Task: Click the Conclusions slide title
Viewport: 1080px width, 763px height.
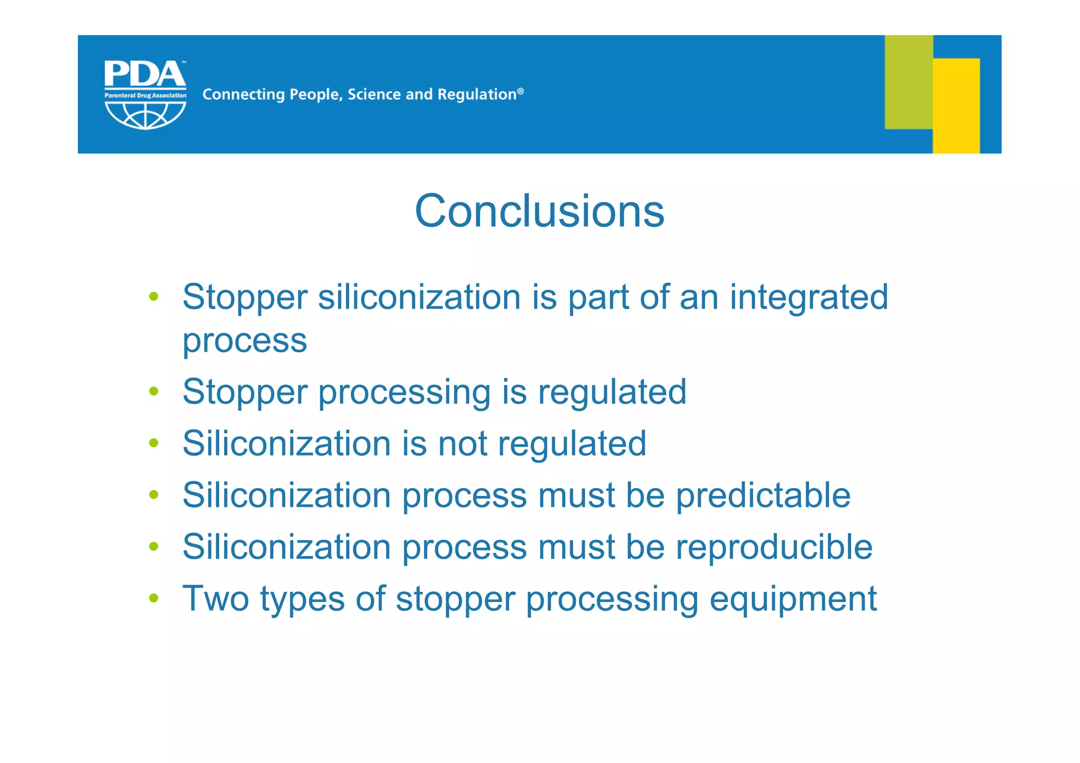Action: [539, 211]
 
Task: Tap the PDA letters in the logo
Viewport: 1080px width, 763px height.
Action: [144, 74]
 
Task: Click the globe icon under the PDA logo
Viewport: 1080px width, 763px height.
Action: [145, 115]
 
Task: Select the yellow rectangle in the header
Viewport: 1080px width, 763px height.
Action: [956, 105]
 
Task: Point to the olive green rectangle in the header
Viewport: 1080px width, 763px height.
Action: [908, 82]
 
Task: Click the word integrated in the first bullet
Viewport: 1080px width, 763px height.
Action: [809, 297]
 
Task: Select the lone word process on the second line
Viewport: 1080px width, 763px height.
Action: [245, 341]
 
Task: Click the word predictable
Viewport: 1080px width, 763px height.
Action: [763, 495]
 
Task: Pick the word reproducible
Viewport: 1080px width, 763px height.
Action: [774, 547]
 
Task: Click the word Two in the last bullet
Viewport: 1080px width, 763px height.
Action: [216, 598]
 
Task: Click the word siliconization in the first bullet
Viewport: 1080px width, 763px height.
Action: [419, 297]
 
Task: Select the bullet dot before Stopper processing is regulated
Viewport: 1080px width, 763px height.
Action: [154, 391]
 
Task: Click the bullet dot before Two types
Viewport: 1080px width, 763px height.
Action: [154, 598]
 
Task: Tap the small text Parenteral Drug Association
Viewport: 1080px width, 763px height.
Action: [145, 95]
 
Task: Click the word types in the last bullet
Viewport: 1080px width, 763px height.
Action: [302, 600]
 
